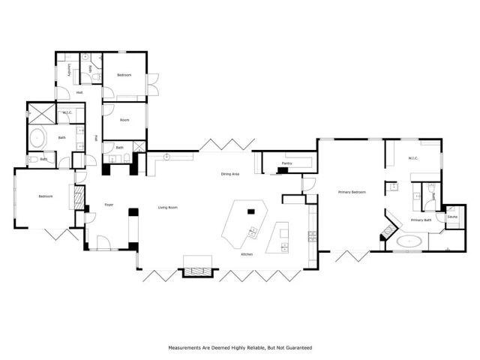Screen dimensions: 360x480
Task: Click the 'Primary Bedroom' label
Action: pos(352,192)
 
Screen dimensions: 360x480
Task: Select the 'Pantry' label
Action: pos(286,163)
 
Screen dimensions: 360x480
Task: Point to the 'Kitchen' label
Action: pos(246,255)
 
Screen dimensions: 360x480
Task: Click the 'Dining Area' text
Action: pos(229,174)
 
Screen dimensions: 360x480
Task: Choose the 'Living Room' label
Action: pos(167,208)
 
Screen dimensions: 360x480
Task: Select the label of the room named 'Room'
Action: pos(124,119)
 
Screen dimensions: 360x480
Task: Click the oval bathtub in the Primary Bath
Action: pos(409,242)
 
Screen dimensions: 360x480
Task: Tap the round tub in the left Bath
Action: pos(37,139)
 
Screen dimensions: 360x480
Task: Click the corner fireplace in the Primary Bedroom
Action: pos(388,228)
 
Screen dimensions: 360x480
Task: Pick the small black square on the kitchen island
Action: pos(252,209)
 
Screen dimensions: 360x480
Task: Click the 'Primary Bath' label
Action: pos(420,220)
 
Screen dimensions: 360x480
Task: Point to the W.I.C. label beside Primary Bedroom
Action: pos(413,158)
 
